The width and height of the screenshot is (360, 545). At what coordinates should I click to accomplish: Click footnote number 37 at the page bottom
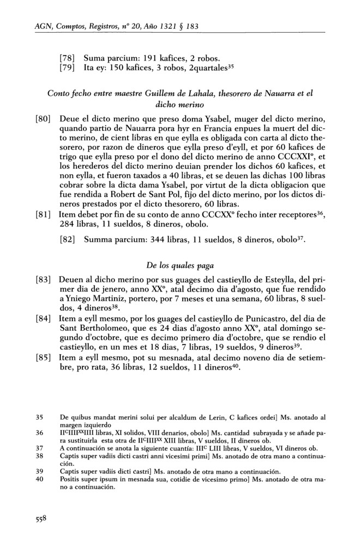39,446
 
